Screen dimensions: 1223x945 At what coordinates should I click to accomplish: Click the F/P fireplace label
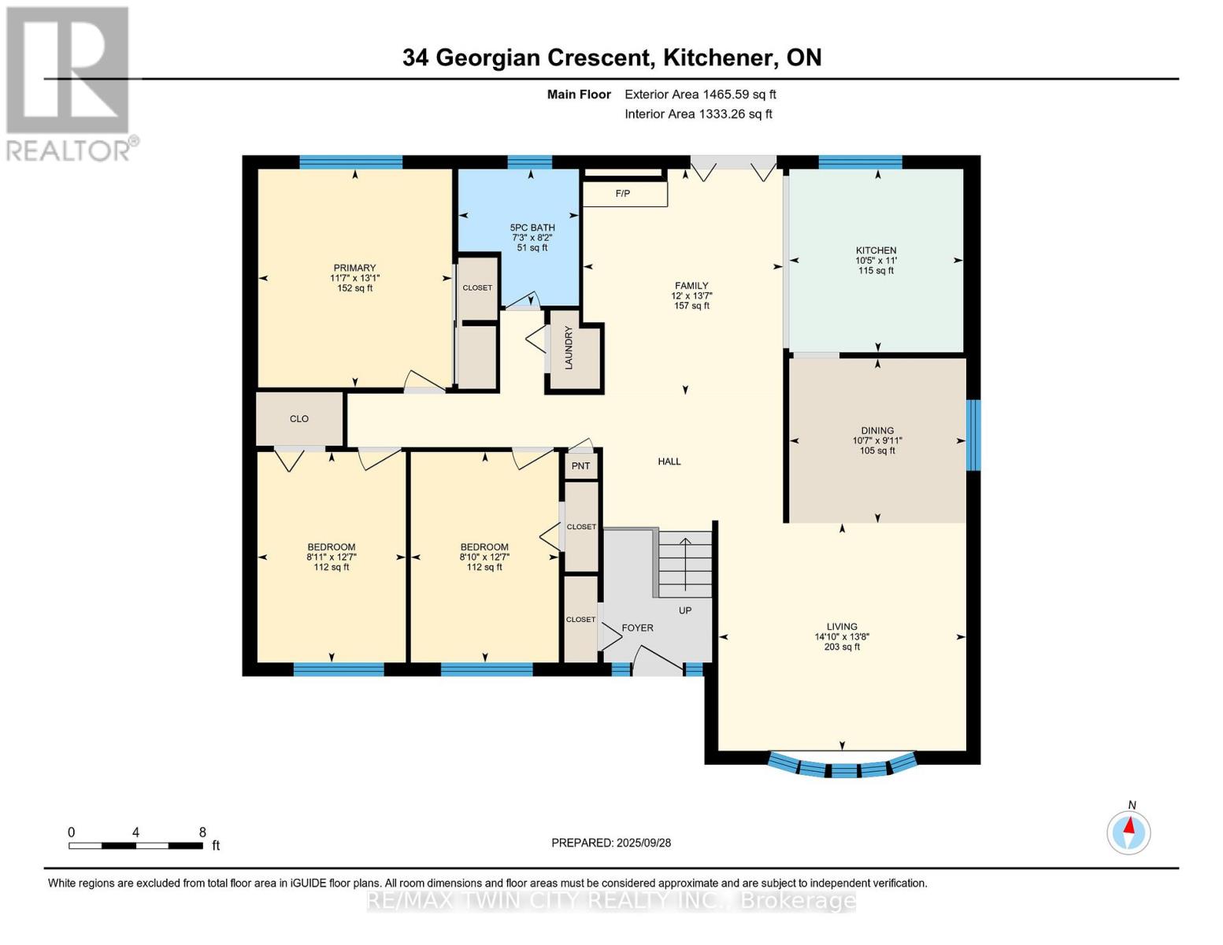point(622,194)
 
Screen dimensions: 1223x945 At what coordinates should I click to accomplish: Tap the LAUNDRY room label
point(569,347)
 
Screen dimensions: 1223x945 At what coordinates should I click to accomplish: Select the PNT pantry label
point(580,466)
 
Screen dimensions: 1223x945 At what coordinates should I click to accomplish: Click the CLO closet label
point(298,419)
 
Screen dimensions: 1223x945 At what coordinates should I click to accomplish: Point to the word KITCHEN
point(876,250)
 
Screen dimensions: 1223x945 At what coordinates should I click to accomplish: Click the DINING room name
point(876,431)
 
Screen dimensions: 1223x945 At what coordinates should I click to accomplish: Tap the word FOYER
point(637,628)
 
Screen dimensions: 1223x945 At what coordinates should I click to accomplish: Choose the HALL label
point(669,461)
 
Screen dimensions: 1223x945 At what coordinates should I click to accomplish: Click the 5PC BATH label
point(532,228)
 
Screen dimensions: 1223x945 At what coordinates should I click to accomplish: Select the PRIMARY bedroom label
point(354,268)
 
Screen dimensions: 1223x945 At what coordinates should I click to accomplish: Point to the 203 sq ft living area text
point(842,647)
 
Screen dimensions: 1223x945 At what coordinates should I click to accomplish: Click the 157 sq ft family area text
point(691,306)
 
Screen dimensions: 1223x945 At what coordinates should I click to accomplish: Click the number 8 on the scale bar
point(202,832)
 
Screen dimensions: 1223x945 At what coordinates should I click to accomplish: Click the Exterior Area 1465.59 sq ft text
point(700,94)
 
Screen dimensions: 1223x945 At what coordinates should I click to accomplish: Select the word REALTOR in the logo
point(68,151)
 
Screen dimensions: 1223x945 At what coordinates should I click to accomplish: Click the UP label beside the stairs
point(684,610)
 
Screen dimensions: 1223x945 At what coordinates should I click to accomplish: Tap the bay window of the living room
point(843,765)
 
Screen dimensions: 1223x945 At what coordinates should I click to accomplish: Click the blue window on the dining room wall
point(973,435)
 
